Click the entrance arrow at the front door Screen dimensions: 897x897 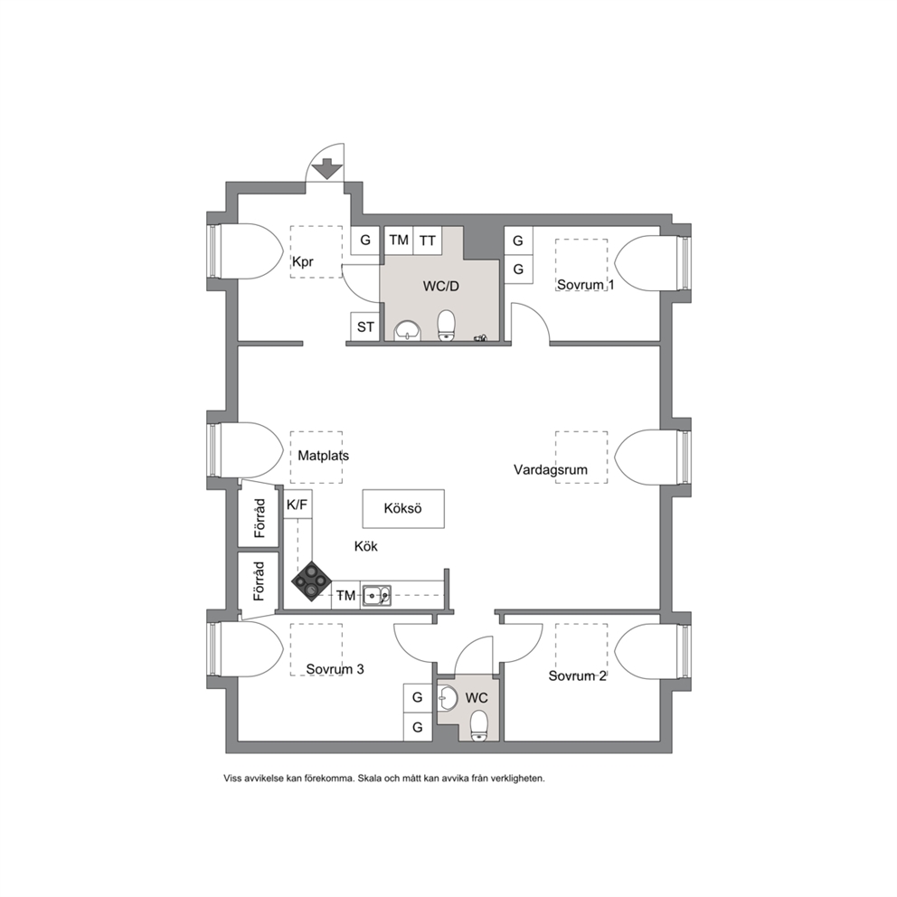coord(326,169)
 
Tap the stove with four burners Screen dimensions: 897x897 coord(311,581)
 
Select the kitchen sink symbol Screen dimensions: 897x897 coord(376,596)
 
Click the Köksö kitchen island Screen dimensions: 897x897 coord(403,508)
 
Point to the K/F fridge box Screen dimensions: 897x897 coord(297,504)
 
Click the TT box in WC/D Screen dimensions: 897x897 coord(428,241)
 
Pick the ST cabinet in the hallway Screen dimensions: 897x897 coord(365,326)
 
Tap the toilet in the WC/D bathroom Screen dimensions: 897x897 coord(446,326)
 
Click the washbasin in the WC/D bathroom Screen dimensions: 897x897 coord(407,330)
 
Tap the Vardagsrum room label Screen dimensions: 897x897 coord(551,469)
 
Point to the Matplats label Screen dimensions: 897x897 coord(323,456)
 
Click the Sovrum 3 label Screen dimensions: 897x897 coord(335,669)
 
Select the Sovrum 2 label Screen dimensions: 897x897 coord(577,675)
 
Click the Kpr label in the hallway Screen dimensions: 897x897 coord(303,262)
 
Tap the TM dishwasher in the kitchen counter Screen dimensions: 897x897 coord(345,596)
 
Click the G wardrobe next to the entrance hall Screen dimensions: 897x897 coord(365,241)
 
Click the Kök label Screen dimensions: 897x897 coord(366,546)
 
